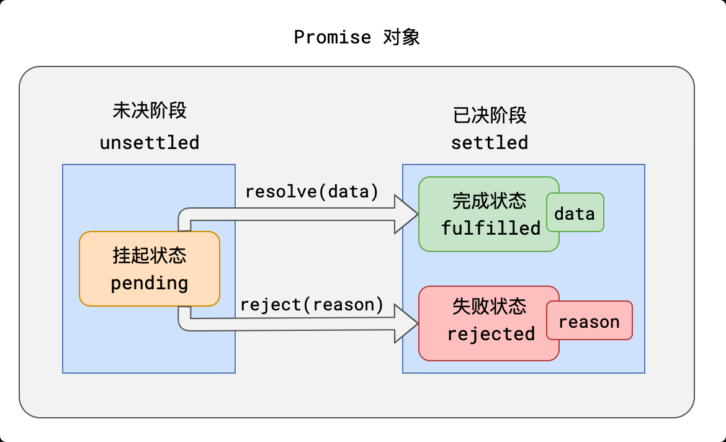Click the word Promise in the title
pyautogui.click(x=332, y=37)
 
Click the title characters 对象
pyautogui.click(x=401, y=37)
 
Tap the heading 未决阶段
pyautogui.click(x=150, y=110)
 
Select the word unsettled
pyautogui.click(x=150, y=143)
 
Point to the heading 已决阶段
pyautogui.click(x=490, y=115)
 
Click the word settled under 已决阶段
pyautogui.click(x=490, y=143)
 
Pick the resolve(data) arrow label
pyautogui.click(x=311, y=192)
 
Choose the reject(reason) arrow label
pyautogui.click(x=311, y=305)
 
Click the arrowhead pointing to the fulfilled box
pyautogui.click(x=407, y=213)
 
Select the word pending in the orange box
pyautogui.click(x=150, y=284)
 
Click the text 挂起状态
pyautogui.click(x=150, y=255)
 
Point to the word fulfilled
pyautogui.click(x=491, y=228)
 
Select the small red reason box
pyautogui.click(x=589, y=321)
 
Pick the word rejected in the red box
pyautogui.click(x=491, y=335)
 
